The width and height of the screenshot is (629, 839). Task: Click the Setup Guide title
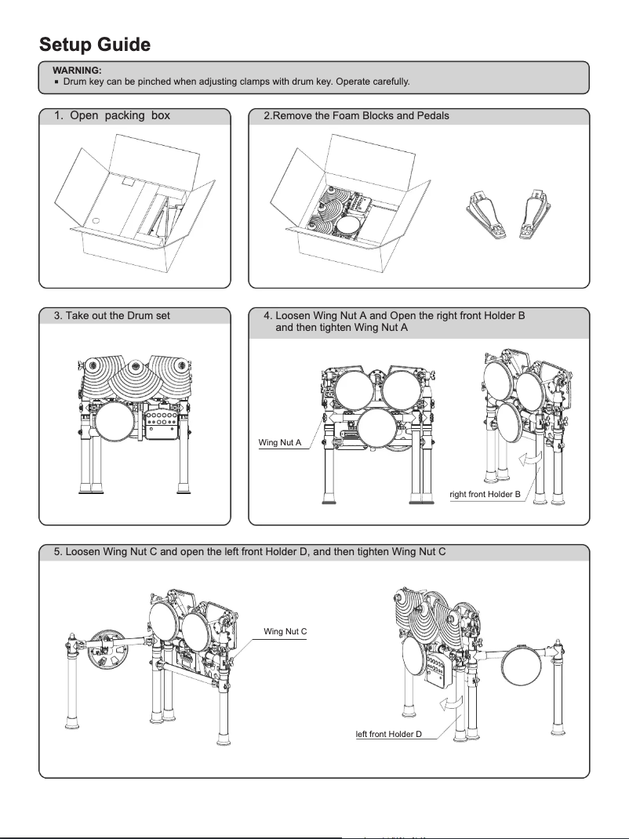tap(95, 44)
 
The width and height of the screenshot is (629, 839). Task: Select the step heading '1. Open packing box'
tap(112, 116)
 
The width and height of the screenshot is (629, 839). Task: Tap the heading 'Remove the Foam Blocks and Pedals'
tap(356, 116)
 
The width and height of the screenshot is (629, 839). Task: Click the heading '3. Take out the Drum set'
tap(112, 316)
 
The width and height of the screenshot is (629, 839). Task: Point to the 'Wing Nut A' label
tap(280, 444)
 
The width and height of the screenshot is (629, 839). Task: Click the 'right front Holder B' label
tap(485, 494)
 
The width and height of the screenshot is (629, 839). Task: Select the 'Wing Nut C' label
tap(285, 631)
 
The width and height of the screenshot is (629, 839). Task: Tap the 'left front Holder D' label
tap(389, 734)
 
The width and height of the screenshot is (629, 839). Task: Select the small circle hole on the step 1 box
tap(96, 221)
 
